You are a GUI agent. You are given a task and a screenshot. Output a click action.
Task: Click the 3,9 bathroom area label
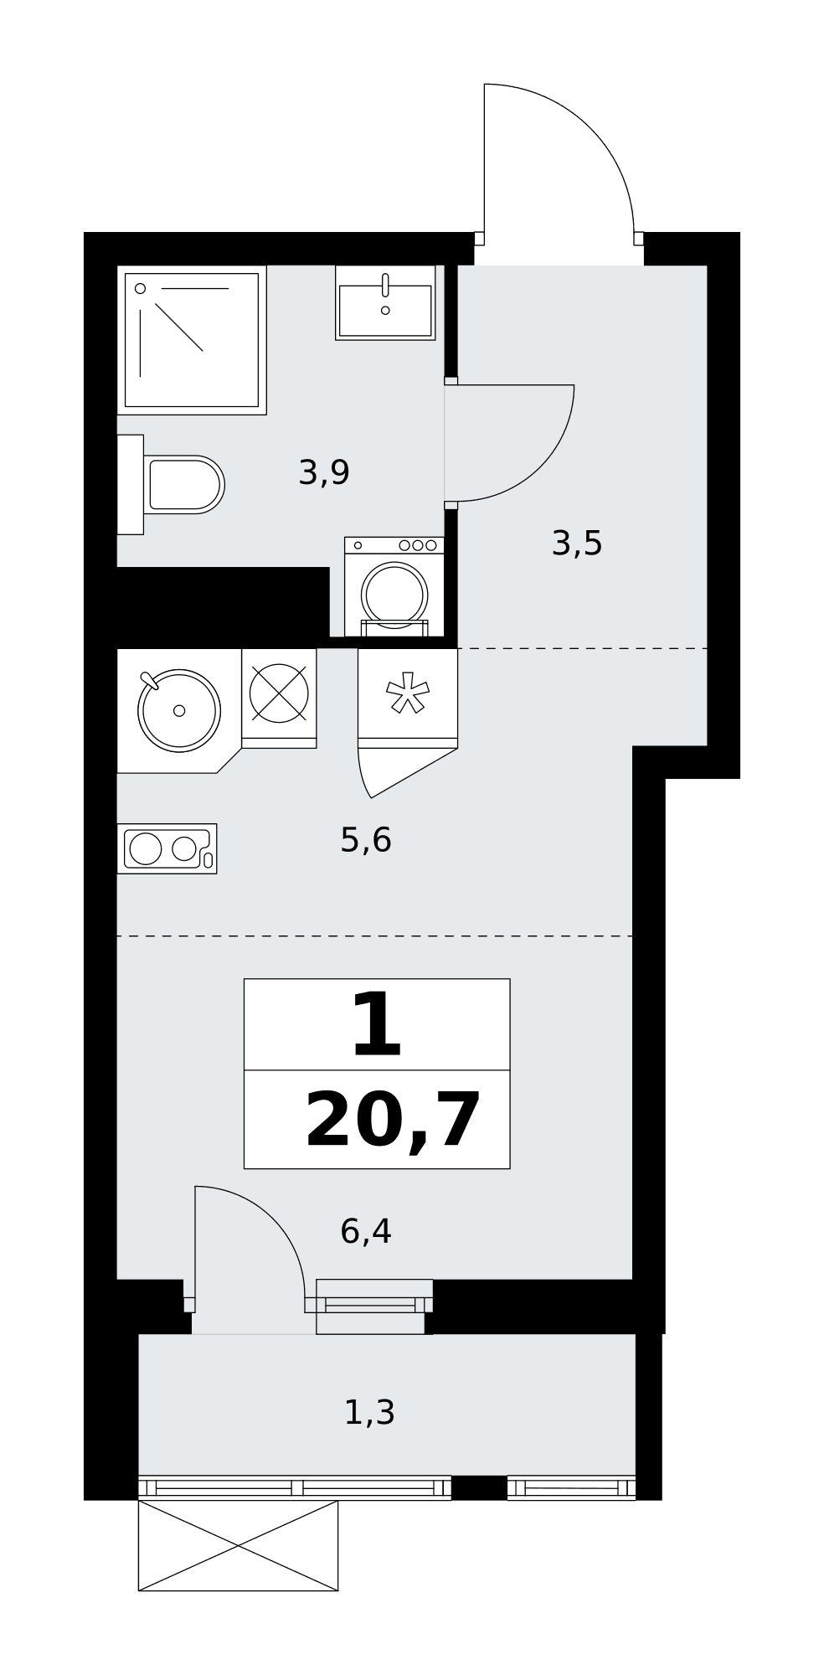click(x=324, y=473)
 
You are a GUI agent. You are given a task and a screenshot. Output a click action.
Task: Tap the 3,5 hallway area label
click(x=577, y=544)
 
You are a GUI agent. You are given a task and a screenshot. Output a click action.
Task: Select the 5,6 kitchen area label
click(x=366, y=839)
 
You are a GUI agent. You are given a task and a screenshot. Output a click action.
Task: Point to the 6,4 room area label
click(x=366, y=1231)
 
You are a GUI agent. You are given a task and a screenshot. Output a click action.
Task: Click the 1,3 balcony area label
click(x=369, y=1413)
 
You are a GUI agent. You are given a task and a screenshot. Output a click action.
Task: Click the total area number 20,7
click(x=394, y=1121)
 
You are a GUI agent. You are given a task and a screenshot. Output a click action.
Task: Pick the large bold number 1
click(x=377, y=1024)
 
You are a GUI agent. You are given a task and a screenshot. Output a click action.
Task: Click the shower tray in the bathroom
click(x=192, y=340)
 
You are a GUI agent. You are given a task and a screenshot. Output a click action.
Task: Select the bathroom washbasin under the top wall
click(x=385, y=302)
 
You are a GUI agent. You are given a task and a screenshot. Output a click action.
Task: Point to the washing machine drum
click(x=394, y=593)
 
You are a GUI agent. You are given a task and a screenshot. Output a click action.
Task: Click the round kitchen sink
click(x=179, y=710)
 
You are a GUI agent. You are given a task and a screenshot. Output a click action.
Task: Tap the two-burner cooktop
click(x=167, y=848)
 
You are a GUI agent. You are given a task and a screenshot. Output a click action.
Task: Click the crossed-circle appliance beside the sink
click(x=279, y=693)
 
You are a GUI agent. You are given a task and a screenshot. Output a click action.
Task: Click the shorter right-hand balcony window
click(x=571, y=1487)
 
